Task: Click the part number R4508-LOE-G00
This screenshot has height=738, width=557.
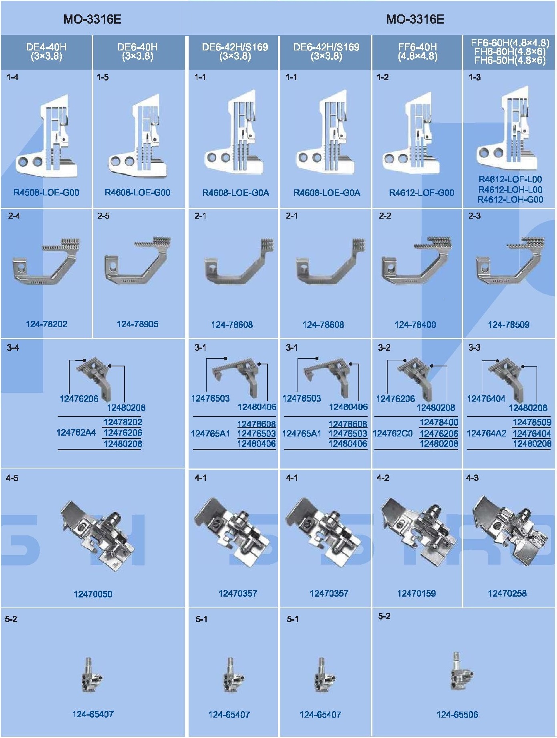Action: pos(46,193)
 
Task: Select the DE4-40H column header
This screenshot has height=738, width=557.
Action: pos(46,52)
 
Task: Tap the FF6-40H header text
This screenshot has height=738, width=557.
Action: pos(417,52)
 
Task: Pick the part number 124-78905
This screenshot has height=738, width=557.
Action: pos(138,324)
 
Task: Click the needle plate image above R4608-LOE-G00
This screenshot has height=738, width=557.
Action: pos(137,137)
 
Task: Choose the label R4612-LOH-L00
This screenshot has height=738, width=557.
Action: pos(510,189)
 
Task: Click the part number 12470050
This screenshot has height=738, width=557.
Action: pos(93,594)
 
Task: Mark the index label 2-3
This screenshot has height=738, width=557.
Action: pos(475,216)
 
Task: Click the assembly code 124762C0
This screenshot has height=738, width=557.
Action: pos(393,433)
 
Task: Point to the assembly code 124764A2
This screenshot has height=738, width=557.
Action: pos(487,433)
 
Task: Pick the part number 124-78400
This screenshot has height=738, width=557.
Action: pos(415,325)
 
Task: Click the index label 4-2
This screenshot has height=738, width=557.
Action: pos(383,478)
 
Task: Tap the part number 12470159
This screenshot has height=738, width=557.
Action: pos(416,593)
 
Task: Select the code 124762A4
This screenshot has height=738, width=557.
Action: pos(76,433)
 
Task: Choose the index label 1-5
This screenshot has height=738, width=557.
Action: pos(103,77)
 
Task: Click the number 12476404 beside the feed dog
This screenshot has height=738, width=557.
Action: pos(486,399)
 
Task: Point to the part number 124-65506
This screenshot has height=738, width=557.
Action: pos(457,715)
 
